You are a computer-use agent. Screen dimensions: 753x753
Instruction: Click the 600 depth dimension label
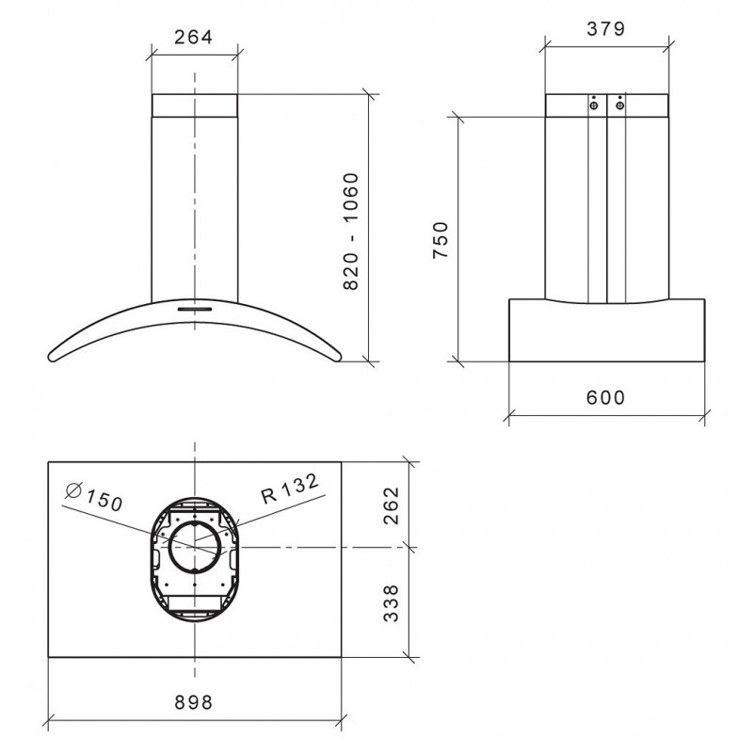(x=606, y=397)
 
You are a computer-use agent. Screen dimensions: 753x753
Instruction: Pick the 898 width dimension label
(x=193, y=703)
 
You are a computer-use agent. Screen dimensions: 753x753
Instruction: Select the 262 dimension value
(x=393, y=505)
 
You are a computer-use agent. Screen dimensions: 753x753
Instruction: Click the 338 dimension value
(x=393, y=601)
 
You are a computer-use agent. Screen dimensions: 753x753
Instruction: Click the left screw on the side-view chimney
(x=595, y=106)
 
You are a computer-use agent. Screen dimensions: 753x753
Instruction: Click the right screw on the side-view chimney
(x=619, y=106)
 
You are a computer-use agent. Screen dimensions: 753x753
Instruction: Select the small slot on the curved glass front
(x=194, y=306)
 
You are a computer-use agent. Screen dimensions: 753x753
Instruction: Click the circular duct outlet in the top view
(x=194, y=545)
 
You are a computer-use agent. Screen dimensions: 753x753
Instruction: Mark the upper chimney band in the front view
(x=194, y=104)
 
